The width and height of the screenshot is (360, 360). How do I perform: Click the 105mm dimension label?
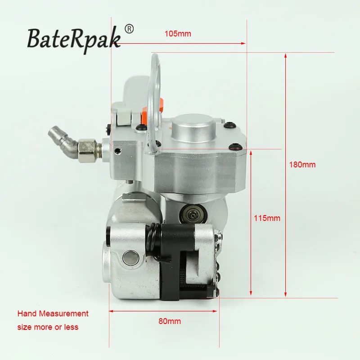178,34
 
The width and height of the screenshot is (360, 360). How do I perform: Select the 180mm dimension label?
302,165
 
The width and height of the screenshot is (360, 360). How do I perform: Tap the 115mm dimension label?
267,218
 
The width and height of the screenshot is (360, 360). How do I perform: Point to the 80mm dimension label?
170,321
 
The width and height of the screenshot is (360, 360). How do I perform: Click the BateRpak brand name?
74,39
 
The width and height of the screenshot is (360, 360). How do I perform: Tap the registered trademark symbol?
129,29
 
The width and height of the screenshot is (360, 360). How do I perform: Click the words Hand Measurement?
53,314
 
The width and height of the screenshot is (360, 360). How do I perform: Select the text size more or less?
48,327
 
